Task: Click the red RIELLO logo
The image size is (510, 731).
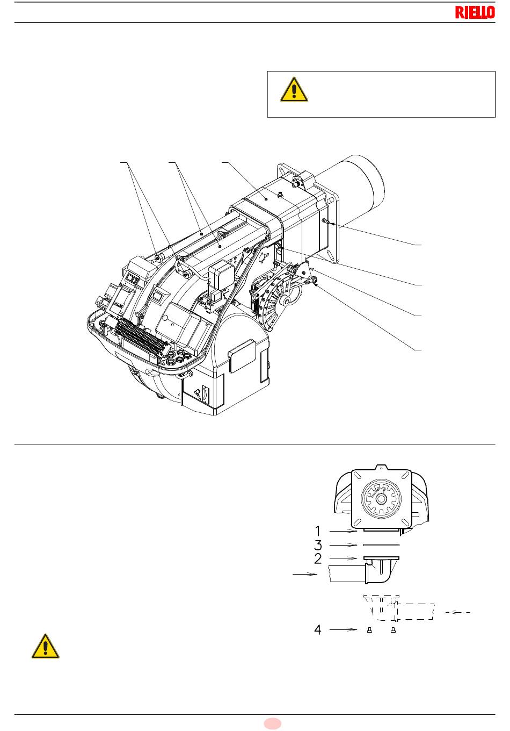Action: (x=475, y=12)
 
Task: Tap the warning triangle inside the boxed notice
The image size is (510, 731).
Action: (x=294, y=90)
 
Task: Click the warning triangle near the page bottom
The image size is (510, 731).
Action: (x=46, y=647)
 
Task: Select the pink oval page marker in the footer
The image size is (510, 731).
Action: (x=272, y=723)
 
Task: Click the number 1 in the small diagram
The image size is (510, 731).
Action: (x=318, y=531)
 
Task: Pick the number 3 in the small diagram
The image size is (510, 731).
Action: (x=318, y=545)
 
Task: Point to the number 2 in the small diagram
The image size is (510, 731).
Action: (x=318, y=558)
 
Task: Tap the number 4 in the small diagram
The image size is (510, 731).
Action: (x=318, y=629)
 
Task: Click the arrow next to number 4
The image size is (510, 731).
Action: (x=343, y=629)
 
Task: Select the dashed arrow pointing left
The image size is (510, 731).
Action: (x=457, y=612)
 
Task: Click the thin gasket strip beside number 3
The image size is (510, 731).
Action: (x=381, y=544)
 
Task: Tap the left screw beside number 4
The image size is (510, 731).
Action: (x=369, y=630)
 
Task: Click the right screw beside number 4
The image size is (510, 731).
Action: (x=393, y=630)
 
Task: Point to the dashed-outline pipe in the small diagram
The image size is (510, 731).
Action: (x=414, y=612)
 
